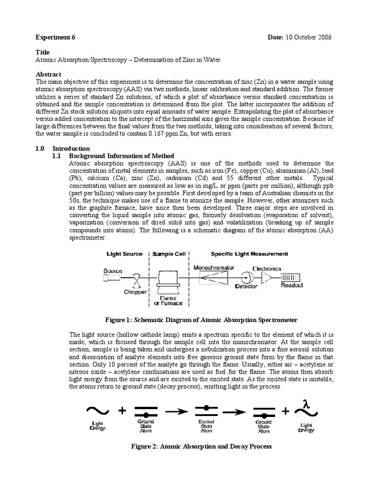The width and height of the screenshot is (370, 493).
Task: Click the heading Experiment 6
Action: tap(55, 38)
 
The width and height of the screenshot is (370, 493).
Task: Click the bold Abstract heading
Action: tap(49, 74)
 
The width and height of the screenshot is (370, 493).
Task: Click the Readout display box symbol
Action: tap(291, 277)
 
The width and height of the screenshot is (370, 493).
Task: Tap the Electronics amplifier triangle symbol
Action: tap(266, 277)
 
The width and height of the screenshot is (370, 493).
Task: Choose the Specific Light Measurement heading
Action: tap(250, 254)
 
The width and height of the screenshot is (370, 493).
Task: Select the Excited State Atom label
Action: tap(207, 425)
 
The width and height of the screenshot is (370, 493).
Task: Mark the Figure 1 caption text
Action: tap(201, 320)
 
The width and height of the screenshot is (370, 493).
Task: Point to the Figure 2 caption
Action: tap(201, 446)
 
